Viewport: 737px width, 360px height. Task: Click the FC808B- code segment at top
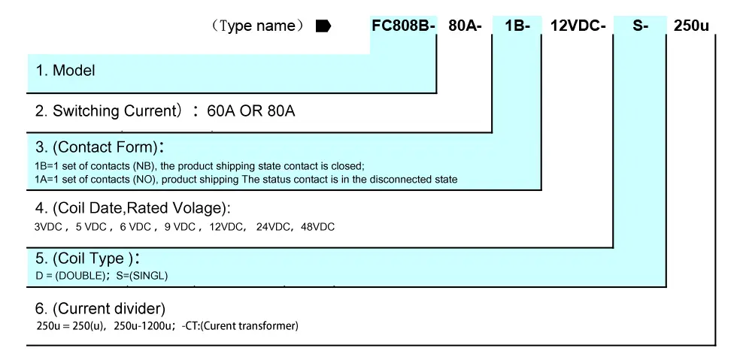(x=404, y=26)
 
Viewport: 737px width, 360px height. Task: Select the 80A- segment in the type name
(x=465, y=26)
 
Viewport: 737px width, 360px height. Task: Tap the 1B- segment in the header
(x=517, y=26)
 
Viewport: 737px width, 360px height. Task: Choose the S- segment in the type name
(x=640, y=26)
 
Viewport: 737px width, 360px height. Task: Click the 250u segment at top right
(x=691, y=26)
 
